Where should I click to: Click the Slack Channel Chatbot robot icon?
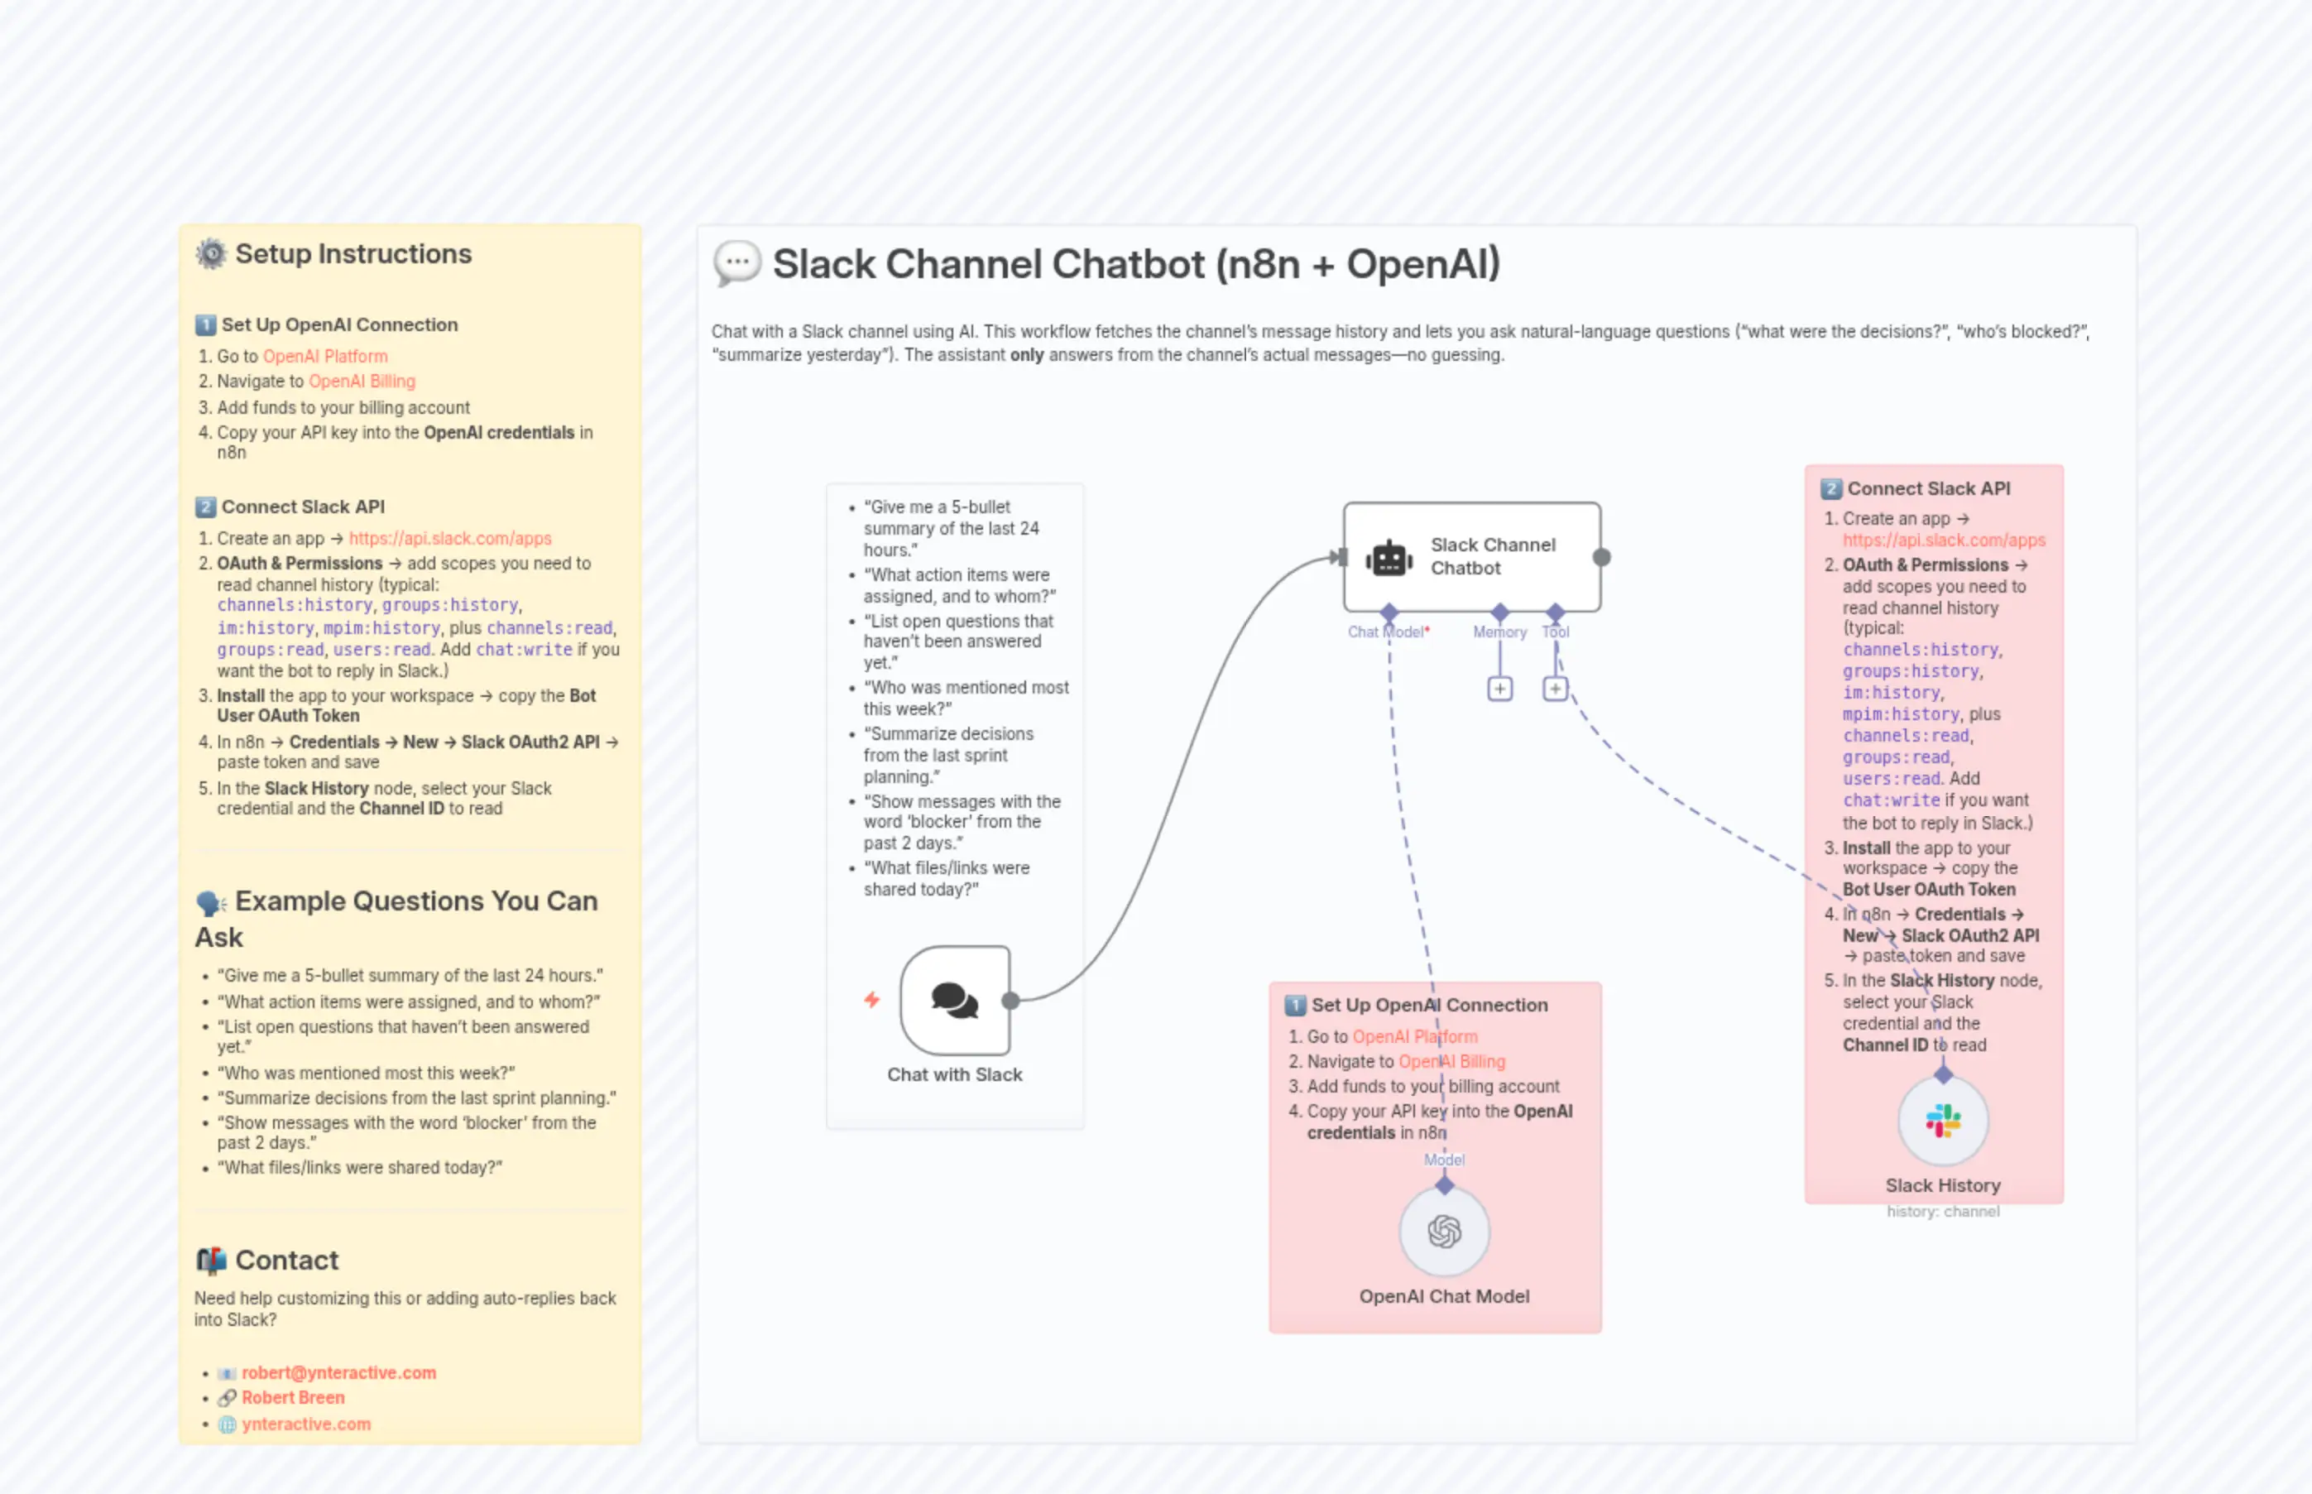click(x=1389, y=558)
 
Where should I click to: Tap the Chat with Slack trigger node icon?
click(x=955, y=1000)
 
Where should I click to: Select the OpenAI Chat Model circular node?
click(x=1444, y=1231)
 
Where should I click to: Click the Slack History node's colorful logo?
click(x=1942, y=1121)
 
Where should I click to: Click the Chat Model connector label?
click(x=1387, y=632)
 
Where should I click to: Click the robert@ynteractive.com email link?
click(x=338, y=1372)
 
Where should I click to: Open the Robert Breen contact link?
click(x=293, y=1397)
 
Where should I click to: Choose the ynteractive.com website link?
click(x=305, y=1424)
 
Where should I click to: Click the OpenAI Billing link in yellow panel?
click(x=362, y=382)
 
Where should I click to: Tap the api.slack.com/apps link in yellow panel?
click(x=450, y=539)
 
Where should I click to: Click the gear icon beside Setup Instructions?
click(x=210, y=254)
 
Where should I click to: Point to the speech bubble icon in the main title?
click(x=737, y=264)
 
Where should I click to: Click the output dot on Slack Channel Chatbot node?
click(x=1602, y=557)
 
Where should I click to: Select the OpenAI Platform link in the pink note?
click(x=1414, y=1036)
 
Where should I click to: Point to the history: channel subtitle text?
click(x=1942, y=1211)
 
